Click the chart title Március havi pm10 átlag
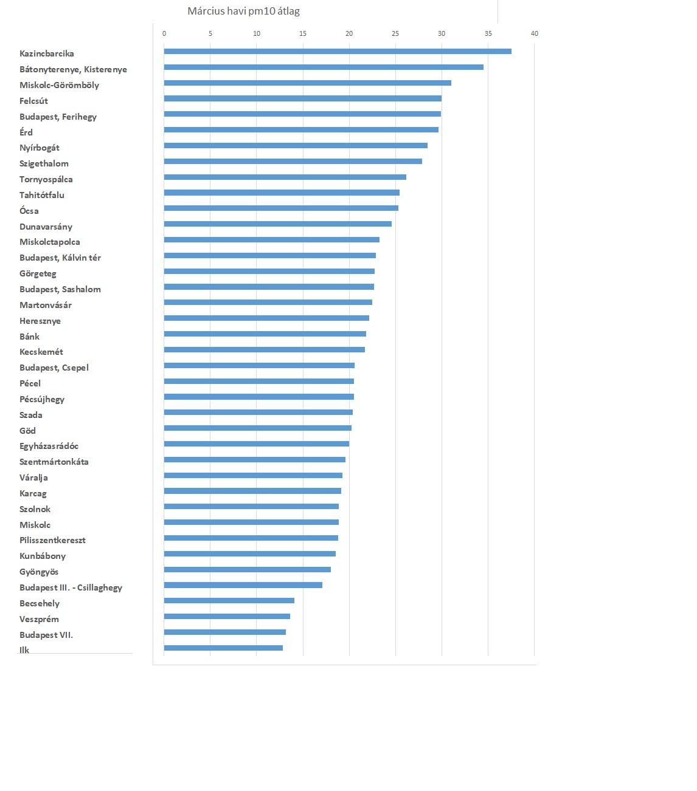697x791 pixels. click(x=243, y=11)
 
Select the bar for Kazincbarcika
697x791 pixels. click(x=338, y=51)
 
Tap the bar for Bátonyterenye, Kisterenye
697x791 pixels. click(x=324, y=67)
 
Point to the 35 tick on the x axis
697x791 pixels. click(x=488, y=33)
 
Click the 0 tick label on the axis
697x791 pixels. click(x=164, y=33)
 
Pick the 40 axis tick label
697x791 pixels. click(x=534, y=33)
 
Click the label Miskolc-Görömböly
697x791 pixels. click(x=59, y=85)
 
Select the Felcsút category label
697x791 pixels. click(x=33, y=101)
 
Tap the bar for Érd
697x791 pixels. click(x=301, y=129)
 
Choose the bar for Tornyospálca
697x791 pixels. click(x=285, y=177)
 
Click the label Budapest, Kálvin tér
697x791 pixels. click(x=60, y=258)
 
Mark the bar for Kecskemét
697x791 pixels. click(x=265, y=349)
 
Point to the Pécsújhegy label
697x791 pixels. click(x=42, y=399)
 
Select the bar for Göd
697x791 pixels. click(x=258, y=428)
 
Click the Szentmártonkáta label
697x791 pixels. click(x=54, y=462)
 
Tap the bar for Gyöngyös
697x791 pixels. click(x=248, y=569)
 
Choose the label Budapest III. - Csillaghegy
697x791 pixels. click(x=71, y=587)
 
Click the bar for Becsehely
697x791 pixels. click(x=229, y=600)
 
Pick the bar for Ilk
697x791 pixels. click(x=223, y=648)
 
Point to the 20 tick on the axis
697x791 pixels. click(x=349, y=33)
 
